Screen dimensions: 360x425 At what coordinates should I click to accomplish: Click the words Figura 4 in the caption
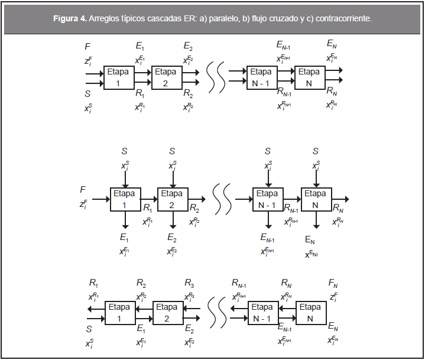(x=69, y=19)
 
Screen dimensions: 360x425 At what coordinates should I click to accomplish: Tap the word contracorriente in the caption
(x=343, y=19)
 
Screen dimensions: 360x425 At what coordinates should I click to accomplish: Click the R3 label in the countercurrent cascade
(x=189, y=283)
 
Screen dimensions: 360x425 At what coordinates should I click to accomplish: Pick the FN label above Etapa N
(x=333, y=283)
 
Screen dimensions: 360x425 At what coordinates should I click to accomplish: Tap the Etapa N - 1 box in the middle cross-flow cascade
(x=267, y=199)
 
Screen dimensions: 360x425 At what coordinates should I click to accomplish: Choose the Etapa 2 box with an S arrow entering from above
(x=172, y=199)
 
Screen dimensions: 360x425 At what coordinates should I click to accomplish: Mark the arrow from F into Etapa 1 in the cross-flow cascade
(x=100, y=199)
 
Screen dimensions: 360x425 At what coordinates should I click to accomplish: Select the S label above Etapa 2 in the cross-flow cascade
(x=172, y=152)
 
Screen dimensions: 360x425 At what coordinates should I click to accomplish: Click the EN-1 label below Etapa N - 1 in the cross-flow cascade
(x=268, y=238)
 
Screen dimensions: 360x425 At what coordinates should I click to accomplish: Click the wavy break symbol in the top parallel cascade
(x=216, y=77)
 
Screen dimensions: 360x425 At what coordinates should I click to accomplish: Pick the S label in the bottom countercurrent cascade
(x=89, y=329)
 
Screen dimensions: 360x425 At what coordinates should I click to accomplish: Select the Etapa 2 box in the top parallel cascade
(x=166, y=77)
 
